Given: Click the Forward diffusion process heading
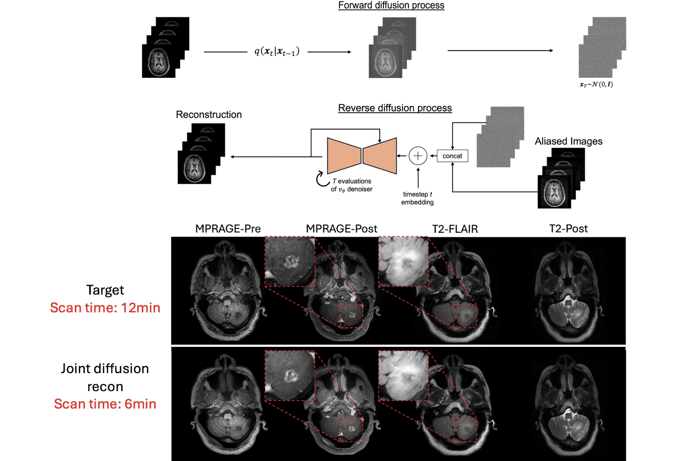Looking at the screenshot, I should pyautogui.click(x=391, y=5).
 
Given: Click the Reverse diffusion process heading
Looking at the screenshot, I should pyautogui.click(x=395, y=108).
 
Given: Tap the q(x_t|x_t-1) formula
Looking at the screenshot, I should pyautogui.click(x=277, y=52).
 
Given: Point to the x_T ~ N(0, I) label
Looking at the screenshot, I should pyautogui.click(x=596, y=84).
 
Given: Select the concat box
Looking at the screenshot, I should pyautogui.click(x=452, y=156).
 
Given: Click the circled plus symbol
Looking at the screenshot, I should pyautogui.click(x=418, y=156).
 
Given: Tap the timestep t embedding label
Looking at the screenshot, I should pyautogui.click(x=417, y=198).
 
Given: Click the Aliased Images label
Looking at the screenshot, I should pyautogui.click(x=568, y=141).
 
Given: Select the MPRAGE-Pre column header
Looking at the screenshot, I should pyautogui.click(x=228, y=229).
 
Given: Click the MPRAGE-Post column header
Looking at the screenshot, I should pyautogui.click(x=341, y=229).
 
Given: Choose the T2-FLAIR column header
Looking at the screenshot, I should pyautogui.click(x=455, y=229).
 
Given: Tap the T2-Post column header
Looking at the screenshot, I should pyautogui.click(x=568, y=229).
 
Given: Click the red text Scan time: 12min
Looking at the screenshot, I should pyautogui.click(x=105, y=307).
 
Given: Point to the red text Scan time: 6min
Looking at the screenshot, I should pyautogui.click(x=105, y=404).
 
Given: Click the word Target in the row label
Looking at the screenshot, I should pyautogui.click(x=105, y=290).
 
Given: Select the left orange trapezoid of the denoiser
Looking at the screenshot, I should pyautogui.click(x=344, y=156).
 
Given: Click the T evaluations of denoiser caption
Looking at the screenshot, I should pyautogui.click(x=352, y=185).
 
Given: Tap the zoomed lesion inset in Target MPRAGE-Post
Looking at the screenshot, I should pyautogui.click(x=290, y=261).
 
